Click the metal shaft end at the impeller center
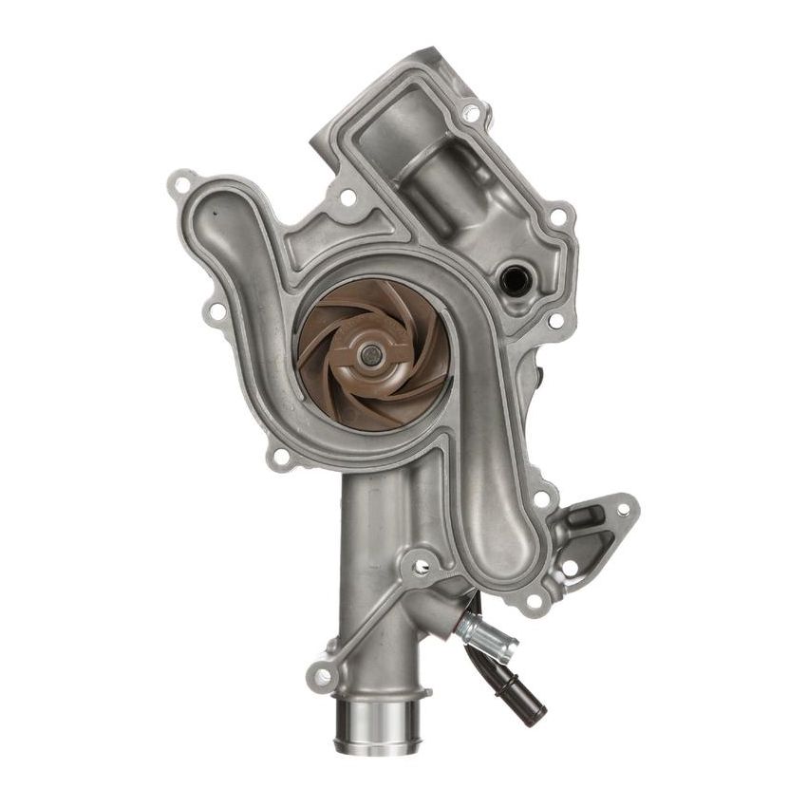coord(369,356)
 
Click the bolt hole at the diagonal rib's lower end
coord(323,675)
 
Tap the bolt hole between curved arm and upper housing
coord(347,197)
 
